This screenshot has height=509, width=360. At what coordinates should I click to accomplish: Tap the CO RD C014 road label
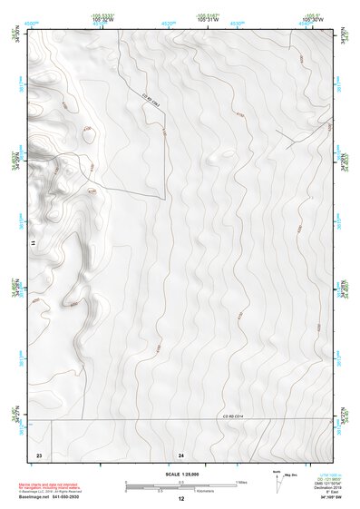click(x=234, y=416)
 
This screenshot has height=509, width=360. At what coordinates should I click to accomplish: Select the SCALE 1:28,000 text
click(x=181, y=475)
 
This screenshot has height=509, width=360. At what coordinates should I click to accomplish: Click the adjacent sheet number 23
click(x=39, y=453)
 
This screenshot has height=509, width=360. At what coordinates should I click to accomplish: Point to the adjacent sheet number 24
click(x=181, y=453)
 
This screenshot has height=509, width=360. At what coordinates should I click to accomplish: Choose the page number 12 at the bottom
click(x=181, y=499)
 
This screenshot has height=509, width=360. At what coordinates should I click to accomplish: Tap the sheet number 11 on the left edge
click(x=32, y=243)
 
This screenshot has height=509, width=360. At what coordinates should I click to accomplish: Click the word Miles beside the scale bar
click(x=241, y=482)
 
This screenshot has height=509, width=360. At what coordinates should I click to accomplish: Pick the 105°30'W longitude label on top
click(x=313, y=20)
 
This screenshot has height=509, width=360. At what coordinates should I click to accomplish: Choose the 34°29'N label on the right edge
click(x=342, y=160)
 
